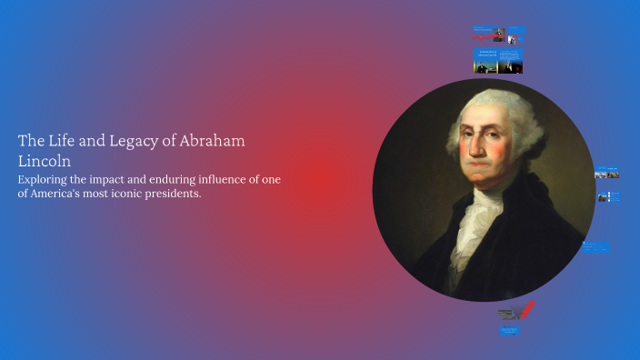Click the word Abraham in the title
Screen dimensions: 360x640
coord(213,141)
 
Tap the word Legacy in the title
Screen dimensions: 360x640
coord(131,141)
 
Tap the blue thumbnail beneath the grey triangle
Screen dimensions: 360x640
coord(509,331)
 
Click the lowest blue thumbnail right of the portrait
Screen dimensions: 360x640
coord(596,247)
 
